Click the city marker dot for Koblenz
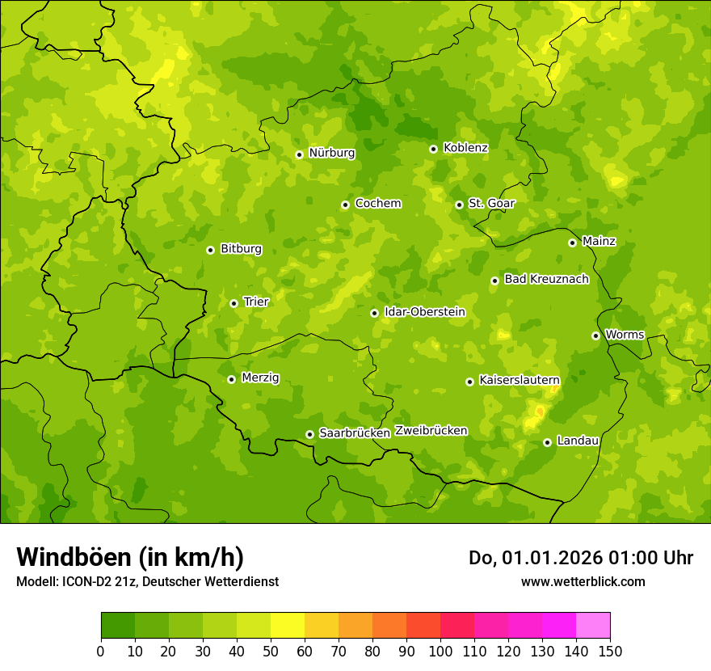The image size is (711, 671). tap(433, 149)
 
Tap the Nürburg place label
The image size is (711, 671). tap(331, 153)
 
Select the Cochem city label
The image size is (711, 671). tap(377, 204)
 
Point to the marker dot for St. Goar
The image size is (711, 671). tap(459, 205)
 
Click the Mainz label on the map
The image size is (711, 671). tap(599, 242)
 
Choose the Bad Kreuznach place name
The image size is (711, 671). tap(546, 280)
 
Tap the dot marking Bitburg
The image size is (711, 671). tap(210, 250)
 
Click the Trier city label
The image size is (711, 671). tap(256, 302)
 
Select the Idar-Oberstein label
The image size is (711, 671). tap(425, 312)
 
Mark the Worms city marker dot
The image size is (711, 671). tap(595, 335)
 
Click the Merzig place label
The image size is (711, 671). tap(260, 378)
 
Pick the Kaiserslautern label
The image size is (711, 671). tap(520, 380)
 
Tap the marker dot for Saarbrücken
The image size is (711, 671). tap(309, 434)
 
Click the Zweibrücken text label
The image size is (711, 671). tap(431, 431)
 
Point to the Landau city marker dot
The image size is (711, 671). tap(547, 442)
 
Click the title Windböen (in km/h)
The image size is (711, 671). tap(130, 557)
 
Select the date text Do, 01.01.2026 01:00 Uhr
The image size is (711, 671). tap(581, 558)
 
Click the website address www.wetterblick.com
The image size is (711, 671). tap(583, 582)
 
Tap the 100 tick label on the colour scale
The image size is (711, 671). tap(440, 651)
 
